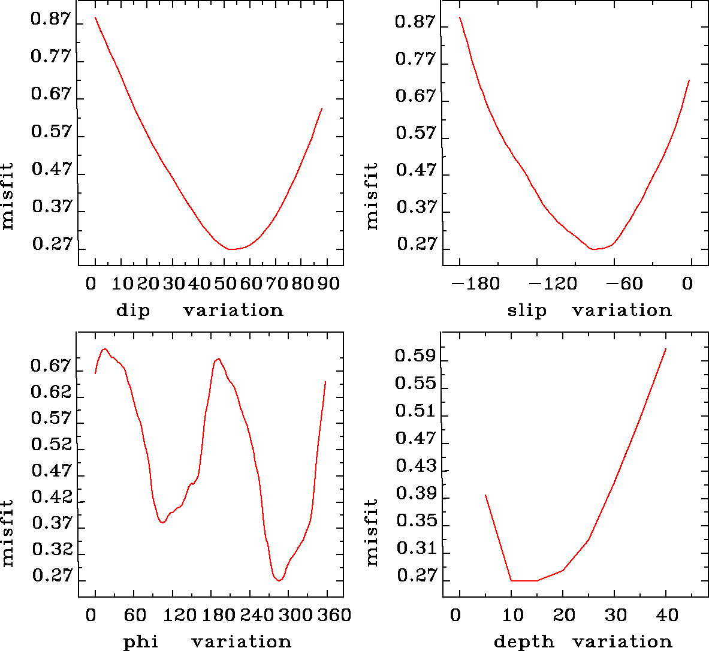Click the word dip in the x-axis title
132,311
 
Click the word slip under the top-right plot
527,311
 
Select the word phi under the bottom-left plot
140,642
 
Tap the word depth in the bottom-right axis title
523,642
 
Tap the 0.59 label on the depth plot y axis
415,356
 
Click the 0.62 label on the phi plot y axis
51,393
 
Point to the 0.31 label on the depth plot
415,548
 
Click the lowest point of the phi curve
279,581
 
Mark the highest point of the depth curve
666,348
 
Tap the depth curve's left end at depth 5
485,495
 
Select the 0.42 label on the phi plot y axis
51,498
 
